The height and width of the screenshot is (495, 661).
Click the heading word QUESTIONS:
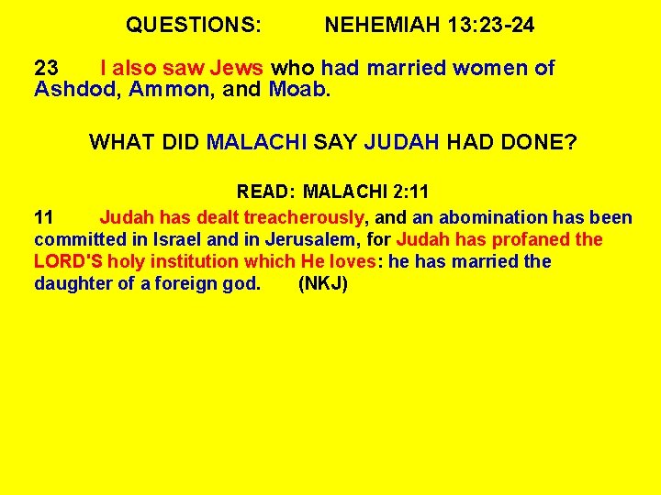point(194,26)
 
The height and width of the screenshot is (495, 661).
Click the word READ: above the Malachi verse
point(265,192)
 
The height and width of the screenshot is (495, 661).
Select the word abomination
point(494,217)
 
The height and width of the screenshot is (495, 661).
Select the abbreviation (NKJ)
point(323,283)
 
